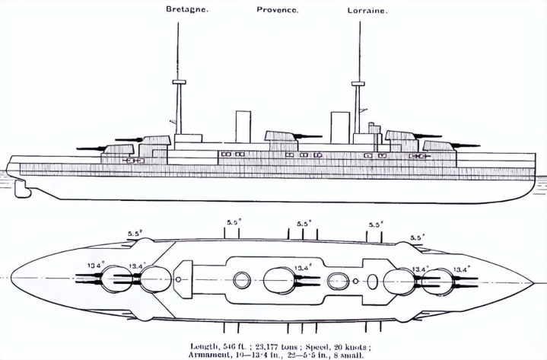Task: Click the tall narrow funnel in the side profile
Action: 243,126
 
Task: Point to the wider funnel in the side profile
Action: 339,126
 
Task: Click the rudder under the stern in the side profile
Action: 23,186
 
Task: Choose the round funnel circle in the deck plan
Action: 242,280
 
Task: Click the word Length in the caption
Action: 205,345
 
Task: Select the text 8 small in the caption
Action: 347,354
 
